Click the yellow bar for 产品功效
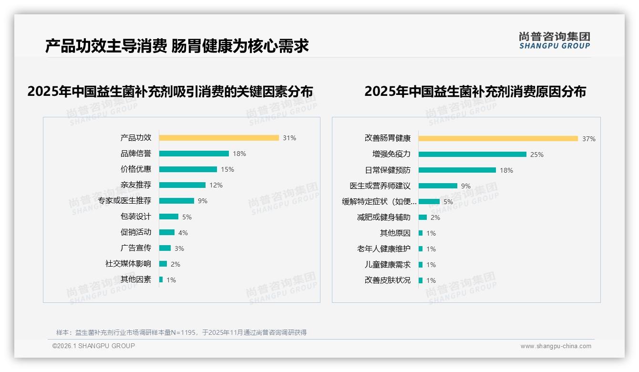tap(219, 138)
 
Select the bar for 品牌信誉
tap(194, 154)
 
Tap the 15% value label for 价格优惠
tap(227, 169)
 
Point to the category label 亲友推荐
tap(136, 185)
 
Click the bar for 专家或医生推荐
tap(176, 201)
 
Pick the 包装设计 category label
tap(136, 217)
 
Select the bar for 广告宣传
tap(165, 248)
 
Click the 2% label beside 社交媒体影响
tap(175, 264)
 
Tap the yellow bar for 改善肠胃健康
tap(498, 138)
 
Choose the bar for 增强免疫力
tap(473, 154)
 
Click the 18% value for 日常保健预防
tap(506, 170)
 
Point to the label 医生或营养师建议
tap(380, 186)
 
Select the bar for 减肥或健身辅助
tap(423, 217)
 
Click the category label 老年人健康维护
tap(384, 249)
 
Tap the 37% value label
tap(589, 139)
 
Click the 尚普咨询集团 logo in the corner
tap(555, 40)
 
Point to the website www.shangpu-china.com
tap(556, 346)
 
